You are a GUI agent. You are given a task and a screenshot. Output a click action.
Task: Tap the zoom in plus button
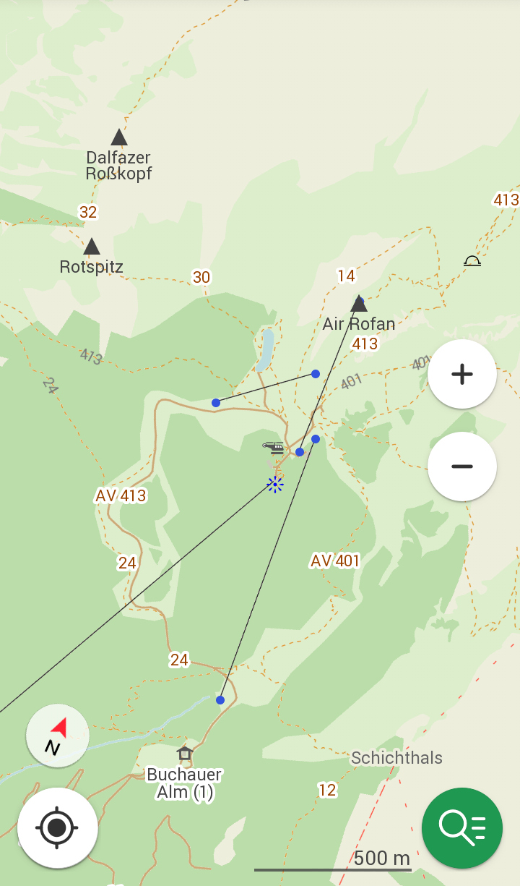pyautogui.click(x=461, y=374)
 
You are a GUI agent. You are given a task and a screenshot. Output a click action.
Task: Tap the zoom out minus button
pyautogui.click(x=461, y=467)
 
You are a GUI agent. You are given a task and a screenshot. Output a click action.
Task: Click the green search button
pyautogui.click(x=462, y=827)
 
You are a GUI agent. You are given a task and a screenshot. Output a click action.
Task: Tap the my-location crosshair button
pyautogui.click(x=58, y=827)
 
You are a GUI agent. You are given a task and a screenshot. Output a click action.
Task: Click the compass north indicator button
pyautogui.click(x=58, y=736)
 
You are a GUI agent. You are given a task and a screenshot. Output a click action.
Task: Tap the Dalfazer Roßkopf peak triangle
pyautogui.click(x=119, y=137)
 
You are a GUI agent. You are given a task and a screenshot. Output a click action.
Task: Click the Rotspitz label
pyautogui.click(x=91, y=267)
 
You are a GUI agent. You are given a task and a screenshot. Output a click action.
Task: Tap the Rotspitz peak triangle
pyautogui.click(x=92, y=247)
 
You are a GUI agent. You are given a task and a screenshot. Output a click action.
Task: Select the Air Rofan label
pyautogui.click(x=358, y=323)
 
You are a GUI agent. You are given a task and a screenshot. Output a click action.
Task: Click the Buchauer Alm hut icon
pyautogui.click(x=185, y=754)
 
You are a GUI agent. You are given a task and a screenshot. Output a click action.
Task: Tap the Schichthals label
pyautogui.click(x=396, y=758)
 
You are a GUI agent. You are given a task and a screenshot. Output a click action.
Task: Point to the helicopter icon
pyautogui.click(x=274, y=448)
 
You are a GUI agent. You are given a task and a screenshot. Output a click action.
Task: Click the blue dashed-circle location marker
pyautogui.click(x=275, y=485)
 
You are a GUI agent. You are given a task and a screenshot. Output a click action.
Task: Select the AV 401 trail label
pyautogui.click(x=335, y=561)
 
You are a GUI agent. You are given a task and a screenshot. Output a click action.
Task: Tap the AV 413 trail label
pyautogui.click(x=121, y=495)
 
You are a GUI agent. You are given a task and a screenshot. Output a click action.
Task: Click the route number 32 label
pyautogui.click(x=88, y=212)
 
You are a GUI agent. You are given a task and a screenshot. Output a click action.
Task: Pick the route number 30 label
pyautogui.click(x=201, y=277)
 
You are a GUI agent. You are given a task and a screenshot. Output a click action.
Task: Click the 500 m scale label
pyautogui.click(x=381, y=859)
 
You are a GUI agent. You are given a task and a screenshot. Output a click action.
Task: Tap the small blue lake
pyautogui.click(x=266, y=349)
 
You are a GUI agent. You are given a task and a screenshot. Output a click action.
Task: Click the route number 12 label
pyautogui.click(x=327, y=790)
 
